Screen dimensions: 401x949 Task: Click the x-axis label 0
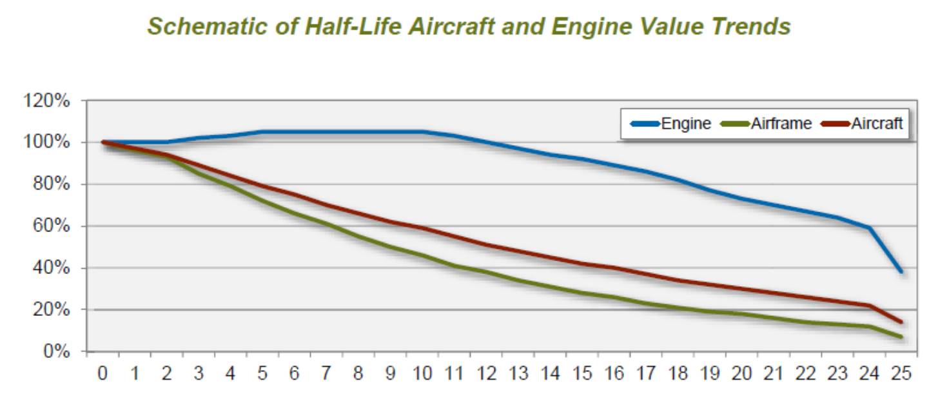pos(103,374)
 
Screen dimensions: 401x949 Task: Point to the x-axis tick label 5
pos(262,374)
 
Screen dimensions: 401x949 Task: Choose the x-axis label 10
pos(422,374)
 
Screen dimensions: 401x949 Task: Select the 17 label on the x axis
pos(645,374)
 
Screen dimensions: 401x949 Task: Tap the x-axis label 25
pos(901,374)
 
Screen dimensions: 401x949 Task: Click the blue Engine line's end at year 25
pos(901,271)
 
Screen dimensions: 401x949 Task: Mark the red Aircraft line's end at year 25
pos(901,322)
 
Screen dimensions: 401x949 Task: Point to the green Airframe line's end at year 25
pos(901,337)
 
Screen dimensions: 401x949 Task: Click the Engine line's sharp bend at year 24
pos(869,228)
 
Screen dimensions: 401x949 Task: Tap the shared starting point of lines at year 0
pos(103,142)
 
